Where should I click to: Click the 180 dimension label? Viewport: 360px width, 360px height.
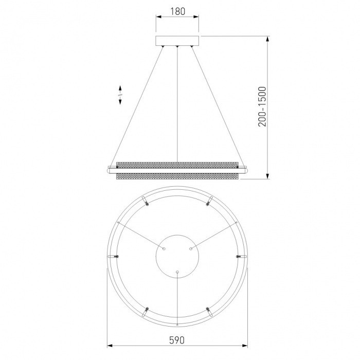pos(177,11)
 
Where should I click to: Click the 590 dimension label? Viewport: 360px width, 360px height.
pos(177,340)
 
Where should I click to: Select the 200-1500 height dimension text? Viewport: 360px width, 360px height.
pos(262,106)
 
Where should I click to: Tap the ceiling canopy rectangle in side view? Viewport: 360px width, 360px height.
pos(177,41)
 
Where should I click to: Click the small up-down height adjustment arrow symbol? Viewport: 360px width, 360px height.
pos(120,95)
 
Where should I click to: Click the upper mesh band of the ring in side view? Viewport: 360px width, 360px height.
pos(178,165)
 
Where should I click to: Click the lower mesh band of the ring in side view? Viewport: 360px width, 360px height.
pos(178,176)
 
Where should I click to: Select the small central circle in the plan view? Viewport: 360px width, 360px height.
pos(177,257)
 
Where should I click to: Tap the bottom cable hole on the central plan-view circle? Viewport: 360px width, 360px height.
pos(177,272)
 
